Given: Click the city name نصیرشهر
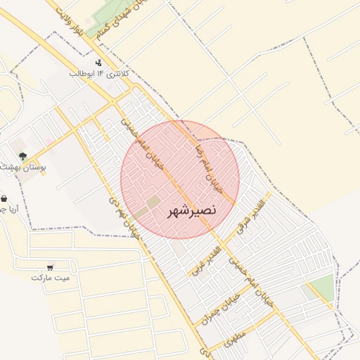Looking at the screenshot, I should pyautogui.click(x=192, y=210).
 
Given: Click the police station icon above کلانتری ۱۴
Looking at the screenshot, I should pyautogui.click(x=98, y=63).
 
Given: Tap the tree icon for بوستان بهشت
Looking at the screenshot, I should pyautogui.click(x=23, y=155).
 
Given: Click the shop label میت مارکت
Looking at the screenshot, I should pyautogui.click(x=51, y=278).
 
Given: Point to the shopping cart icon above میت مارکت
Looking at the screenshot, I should pyautogui.click(x=50, y=267).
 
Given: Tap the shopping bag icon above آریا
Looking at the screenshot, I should pyautogui.click(x=4, y=199).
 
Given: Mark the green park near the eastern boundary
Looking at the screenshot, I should pyautogui.click(x=321, y=288).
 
